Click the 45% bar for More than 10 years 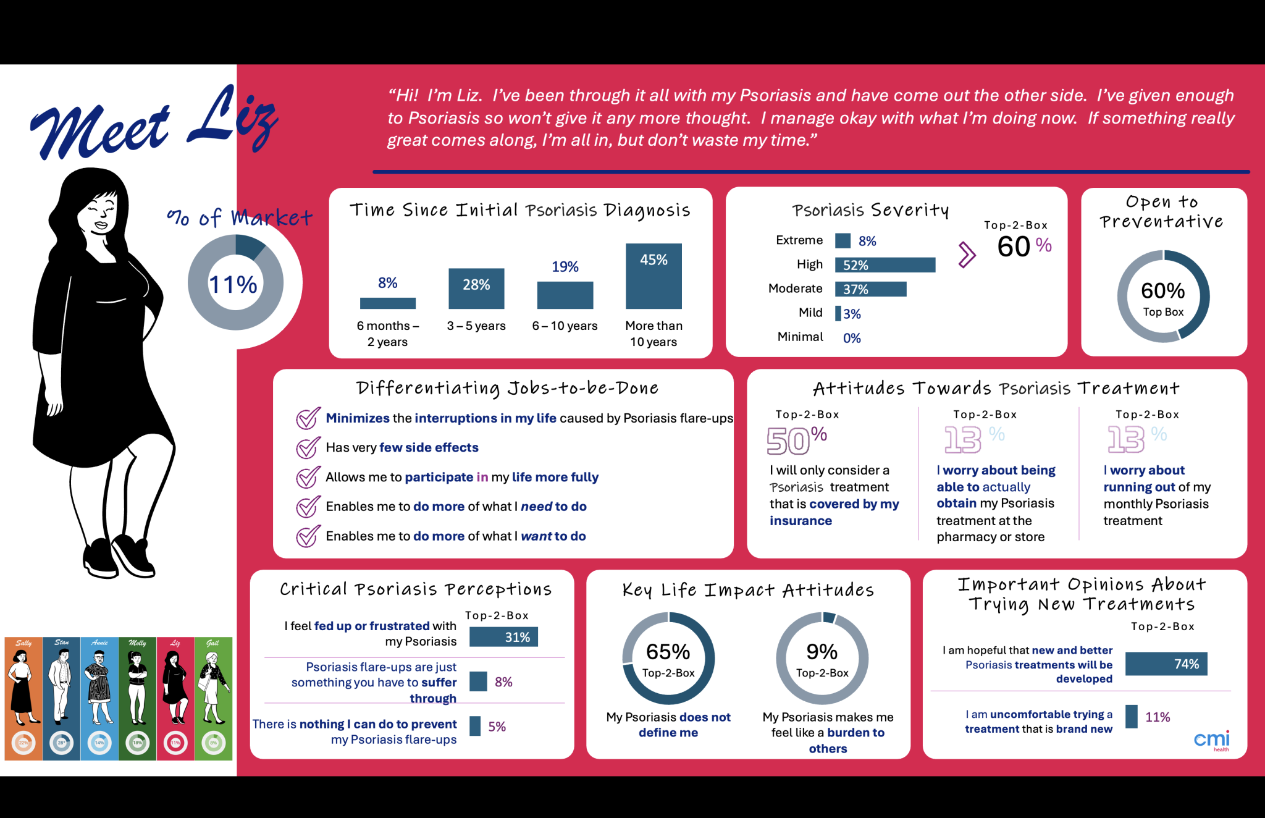[654, 276]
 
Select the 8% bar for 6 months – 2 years [387, 303]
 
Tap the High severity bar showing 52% [885, 265]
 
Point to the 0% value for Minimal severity [852, 338]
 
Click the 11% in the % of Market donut [233, 284]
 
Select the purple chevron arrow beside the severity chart [967, 255]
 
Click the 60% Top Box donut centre [1162, 297]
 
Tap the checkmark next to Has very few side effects [308, 447]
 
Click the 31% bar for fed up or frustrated [503, 637]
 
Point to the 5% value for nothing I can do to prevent [497, 727]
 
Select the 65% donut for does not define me [668, 659]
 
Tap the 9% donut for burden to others [822, 659]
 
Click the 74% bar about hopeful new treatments [1166, 664]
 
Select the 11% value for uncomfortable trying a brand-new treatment [1157, 717]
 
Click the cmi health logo [1211, 740]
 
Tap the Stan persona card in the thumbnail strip [62, 698]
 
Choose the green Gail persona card [213, 698]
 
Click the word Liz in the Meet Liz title [235, 120]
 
